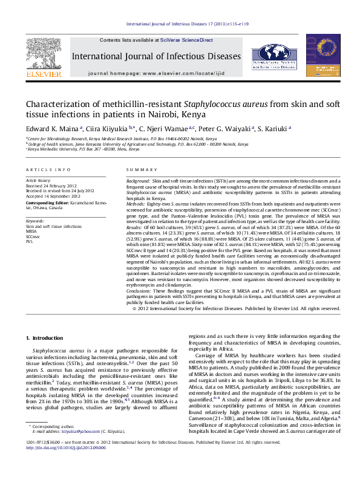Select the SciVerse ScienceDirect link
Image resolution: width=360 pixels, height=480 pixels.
pyautogui.click(x=186, y=40)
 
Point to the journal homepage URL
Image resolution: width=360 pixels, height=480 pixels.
pyautogui.click(x=189, y=73)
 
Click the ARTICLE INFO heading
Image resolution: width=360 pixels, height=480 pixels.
pyautogui.click(x=48, y=169)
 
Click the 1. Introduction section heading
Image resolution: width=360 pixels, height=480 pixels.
pyautogui.click(x=47, y=337)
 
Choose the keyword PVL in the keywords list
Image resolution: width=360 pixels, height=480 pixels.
pyautogui.click(x=29, y=241)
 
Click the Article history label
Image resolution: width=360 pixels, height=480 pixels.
pyautogui.click(x=38, y=181)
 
